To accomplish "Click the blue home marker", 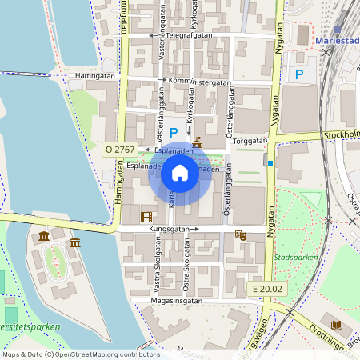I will [x=179, y=173].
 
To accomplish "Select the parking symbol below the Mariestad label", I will [x=299, y=74].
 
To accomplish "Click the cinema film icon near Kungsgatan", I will [x=146, y=217].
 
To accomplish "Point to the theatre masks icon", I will [x=239, y=235].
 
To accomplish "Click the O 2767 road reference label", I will [x=120, y=150].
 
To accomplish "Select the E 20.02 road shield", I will [x=266, y=288].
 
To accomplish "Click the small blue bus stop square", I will [x=270, y=163].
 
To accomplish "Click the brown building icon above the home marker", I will [x=197, y=142].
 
